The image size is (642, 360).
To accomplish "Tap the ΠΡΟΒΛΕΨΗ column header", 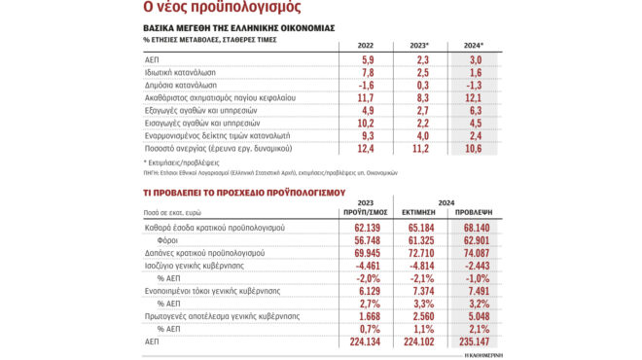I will tap(475, 209).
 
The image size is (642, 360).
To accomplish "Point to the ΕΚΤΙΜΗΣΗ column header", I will tap(418, 209).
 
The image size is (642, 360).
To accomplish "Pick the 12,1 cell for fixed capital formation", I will tap(475, 97).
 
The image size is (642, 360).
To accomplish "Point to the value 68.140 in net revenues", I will tap(475, 227).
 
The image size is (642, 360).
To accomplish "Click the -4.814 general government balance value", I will tap(419, 264).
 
